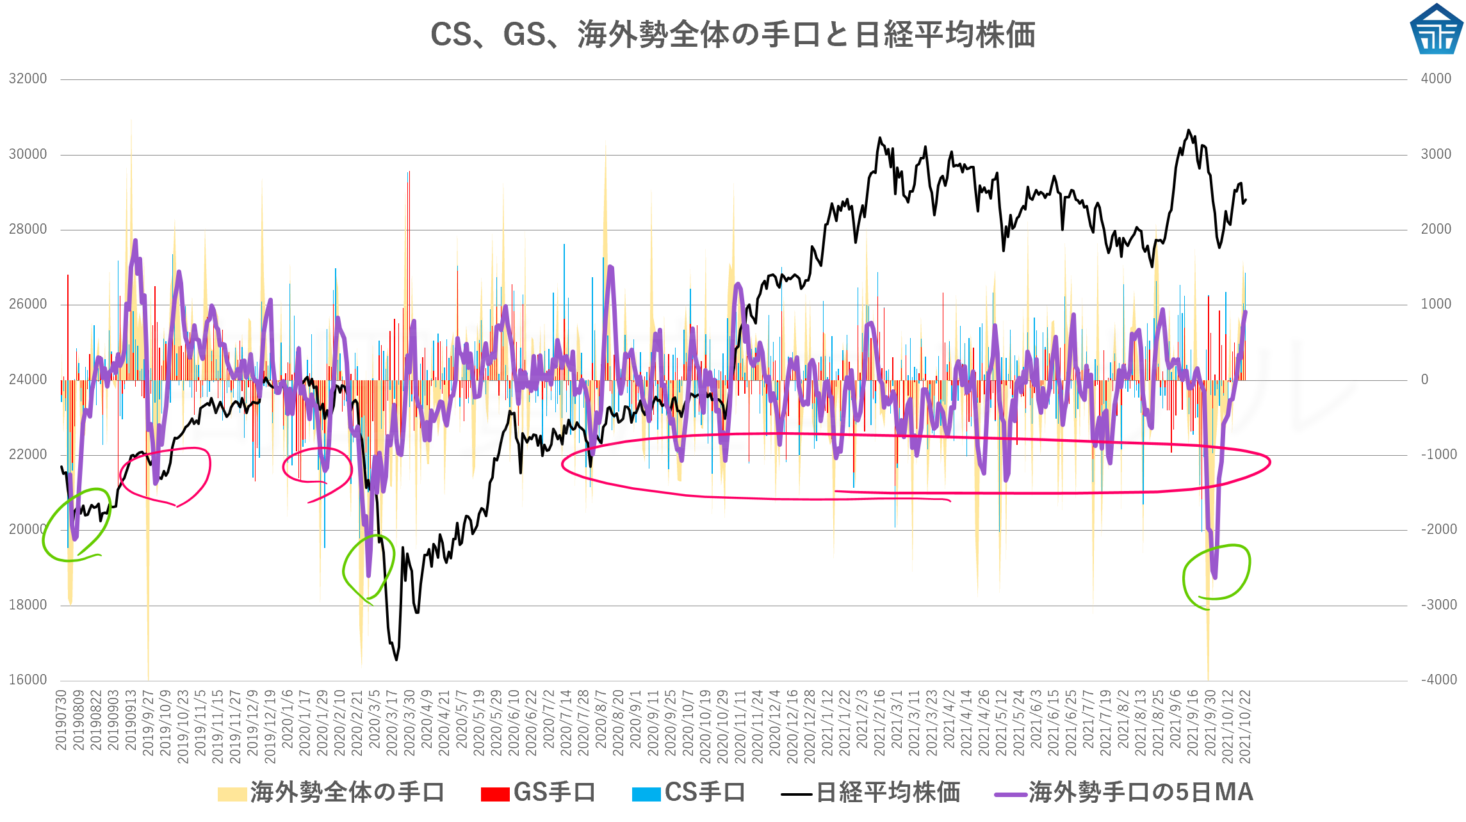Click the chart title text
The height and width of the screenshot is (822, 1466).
pos(733,35)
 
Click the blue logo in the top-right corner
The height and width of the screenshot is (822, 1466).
pos(1436,29)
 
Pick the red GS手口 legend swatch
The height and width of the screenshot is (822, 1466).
pos(495,794)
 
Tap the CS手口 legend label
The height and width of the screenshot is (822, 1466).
pos(704,793)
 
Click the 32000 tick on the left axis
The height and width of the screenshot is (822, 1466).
pos(28,79)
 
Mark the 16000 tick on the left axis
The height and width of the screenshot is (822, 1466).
pos(28,680)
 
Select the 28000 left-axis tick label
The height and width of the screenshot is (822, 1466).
pos(28,229)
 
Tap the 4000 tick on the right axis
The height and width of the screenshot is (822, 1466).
pos(1436,79)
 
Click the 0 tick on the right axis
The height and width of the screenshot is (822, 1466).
pos(1424,380)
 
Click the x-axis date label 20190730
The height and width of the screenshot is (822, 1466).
pos(61,720)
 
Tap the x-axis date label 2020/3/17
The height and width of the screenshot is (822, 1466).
pos(392,723)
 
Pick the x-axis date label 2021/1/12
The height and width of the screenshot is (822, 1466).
pos(827,723)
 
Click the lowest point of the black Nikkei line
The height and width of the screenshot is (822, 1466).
pos(396,659)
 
